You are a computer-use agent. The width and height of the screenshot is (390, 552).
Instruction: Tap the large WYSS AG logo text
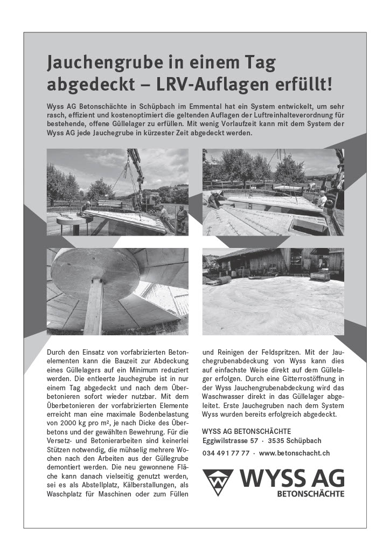291,478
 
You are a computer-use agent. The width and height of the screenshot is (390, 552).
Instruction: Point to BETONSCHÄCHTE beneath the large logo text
310,493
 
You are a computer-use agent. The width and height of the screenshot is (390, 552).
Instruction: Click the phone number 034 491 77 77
226,453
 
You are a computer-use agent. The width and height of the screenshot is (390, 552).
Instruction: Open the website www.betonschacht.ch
295,453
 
